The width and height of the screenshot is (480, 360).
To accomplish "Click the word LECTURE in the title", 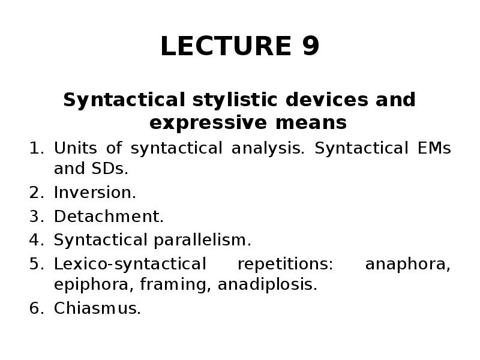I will point(219,47).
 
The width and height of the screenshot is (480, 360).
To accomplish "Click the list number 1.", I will point(34,148).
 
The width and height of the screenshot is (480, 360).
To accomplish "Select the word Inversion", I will point(95,193).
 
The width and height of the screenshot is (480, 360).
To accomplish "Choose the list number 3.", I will point(34,217).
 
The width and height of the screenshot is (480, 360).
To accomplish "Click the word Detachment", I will point(109,217).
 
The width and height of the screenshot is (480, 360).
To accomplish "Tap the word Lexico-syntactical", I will point(130,264).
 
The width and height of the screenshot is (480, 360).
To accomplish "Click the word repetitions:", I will point(286,264).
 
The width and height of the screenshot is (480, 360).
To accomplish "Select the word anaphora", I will point(408,264).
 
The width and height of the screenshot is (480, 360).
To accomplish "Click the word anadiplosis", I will point(267,285).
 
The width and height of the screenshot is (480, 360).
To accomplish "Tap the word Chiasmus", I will point(97,308).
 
